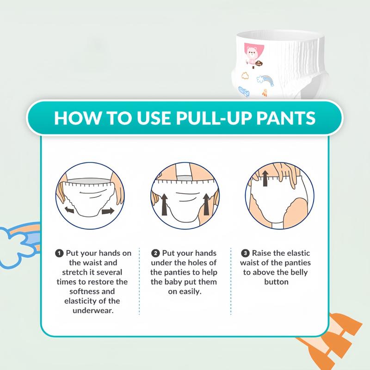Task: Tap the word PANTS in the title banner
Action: coord(286,118)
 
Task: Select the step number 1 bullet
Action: coord(59,253)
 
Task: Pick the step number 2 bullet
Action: coord(155,253)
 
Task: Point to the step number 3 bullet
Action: coord(246,253)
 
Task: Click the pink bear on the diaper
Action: coord(253,55)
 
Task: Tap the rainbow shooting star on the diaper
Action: coord(265,80)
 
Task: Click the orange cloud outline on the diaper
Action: coord(245,75)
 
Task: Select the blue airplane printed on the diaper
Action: coord(244,92)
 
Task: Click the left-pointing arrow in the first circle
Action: coord(69,210)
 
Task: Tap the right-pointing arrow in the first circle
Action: coord(108,211)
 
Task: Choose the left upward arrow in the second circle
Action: coord(165,204)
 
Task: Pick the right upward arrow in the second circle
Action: coord(206,204)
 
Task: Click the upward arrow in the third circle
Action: coord(265,179)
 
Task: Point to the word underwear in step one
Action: coord(93,310)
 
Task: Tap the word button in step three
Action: coord(276,282)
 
